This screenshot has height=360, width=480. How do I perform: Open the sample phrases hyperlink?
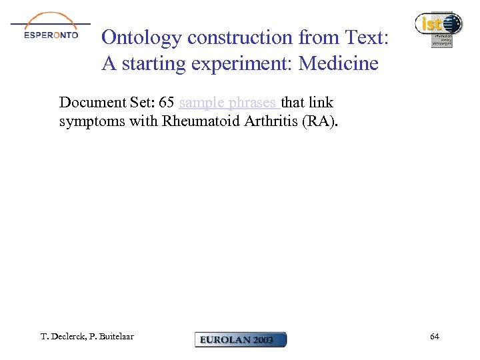[x=229, y=103]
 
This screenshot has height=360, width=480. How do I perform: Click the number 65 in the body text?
[x=167, y=103]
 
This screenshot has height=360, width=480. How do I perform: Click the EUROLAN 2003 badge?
[x=240, y=339]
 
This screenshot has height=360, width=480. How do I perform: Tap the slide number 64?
[x=435, y=337]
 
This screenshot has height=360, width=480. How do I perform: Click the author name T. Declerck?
[x=62, y=337]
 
